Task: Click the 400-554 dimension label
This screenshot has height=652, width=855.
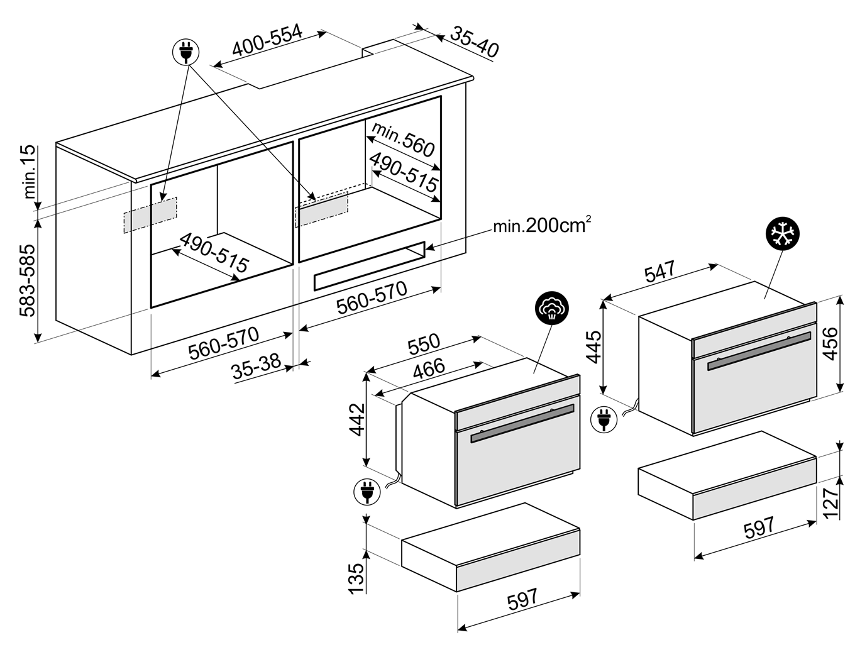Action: pos(267,40)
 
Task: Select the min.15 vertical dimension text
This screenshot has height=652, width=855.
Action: pos(30,173)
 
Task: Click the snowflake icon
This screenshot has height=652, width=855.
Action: pos(783,234)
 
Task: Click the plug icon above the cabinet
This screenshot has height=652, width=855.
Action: pos(185,52)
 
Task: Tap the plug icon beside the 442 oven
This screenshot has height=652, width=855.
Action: pos(367,492)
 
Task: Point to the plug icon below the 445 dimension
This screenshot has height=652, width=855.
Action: pos(603,419)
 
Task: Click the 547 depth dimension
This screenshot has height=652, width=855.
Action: pos(659,272)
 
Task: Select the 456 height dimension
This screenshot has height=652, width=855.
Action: pos(830,343)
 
